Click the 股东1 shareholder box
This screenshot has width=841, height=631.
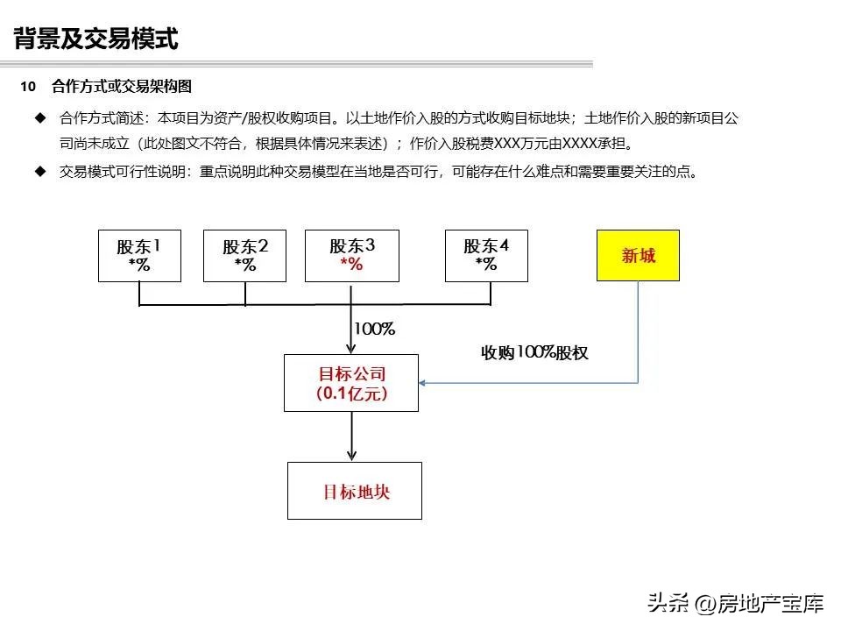pos(139,255)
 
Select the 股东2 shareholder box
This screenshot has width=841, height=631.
pos(244,255)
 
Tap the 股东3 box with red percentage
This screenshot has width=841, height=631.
pos(351,255)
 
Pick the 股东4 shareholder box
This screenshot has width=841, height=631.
pos(486,255)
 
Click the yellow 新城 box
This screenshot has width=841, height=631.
pos(638,255)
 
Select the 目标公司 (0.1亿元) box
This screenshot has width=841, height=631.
pos(351,383)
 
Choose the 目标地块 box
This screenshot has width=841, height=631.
pos(355,491)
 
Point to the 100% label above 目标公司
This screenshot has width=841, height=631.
pos(374,330)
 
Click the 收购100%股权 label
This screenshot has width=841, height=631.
pos(534,352)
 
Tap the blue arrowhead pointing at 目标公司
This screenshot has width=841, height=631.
pos(423,383)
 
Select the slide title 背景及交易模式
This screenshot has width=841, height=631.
pos(96,39)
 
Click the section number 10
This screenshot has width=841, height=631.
pos(28,86)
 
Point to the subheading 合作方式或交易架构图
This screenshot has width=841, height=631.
pos(122,86)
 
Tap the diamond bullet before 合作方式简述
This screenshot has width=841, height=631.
pos(39,117)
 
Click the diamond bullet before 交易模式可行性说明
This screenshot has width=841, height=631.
pos(39,172)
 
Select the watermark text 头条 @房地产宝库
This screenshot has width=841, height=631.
pos(734,603)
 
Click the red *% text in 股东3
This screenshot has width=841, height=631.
pos(351,265)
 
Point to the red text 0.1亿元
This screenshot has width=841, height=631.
pos(350,393)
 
